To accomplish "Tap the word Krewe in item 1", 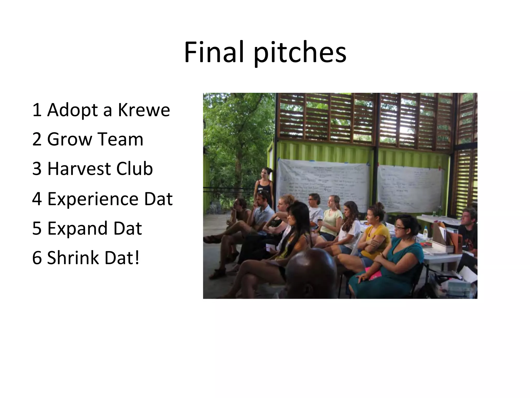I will coord(144,110).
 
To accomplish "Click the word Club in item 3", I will coord(134,168).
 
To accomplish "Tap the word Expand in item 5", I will coord(77,228).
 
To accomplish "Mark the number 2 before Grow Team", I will coord(37,139).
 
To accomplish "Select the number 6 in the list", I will coord(37,258).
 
